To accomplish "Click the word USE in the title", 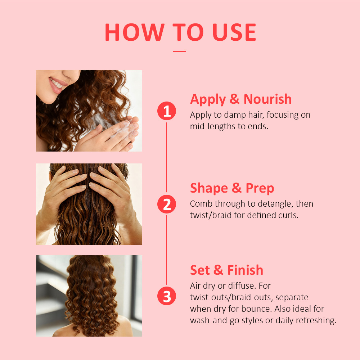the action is click(x=234, y=32).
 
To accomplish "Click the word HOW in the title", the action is click(x=135, y=32).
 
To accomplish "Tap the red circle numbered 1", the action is click(x=167, y=111).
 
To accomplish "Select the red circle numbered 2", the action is click(x=167, y=204).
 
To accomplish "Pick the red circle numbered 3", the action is click(x=167, y=296).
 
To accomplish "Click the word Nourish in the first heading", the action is click(x=267, y=99).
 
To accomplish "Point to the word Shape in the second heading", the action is click(x=209, y=189).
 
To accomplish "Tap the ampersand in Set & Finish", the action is click(x=219, y=270).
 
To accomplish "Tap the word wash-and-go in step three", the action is click(x=215, y=320).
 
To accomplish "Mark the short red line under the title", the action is click(x=179, y=51).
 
